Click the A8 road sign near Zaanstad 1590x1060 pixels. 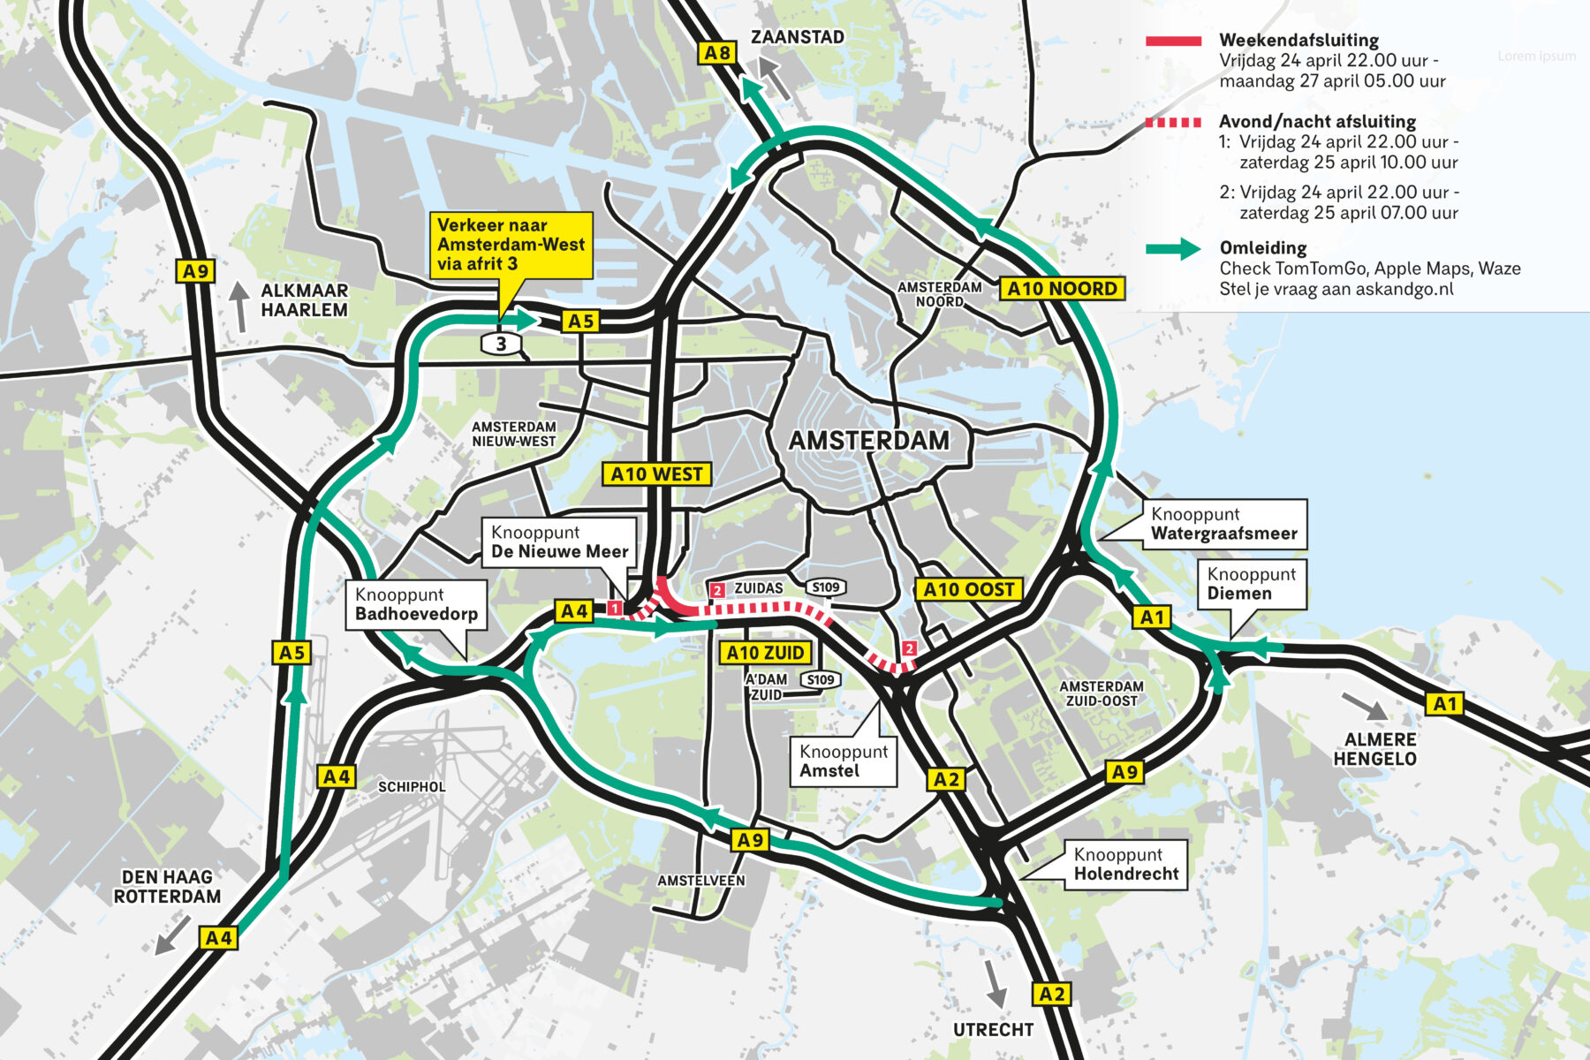tap(717, 53)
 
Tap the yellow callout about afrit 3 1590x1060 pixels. tap(511, 245)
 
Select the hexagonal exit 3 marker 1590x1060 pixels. tap(501, 344)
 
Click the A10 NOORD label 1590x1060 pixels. tap(1062, 289)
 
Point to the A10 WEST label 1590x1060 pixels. tap(656, 474)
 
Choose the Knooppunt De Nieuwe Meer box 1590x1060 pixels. tap(559, 542)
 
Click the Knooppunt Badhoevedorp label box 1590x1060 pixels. tap(416, 605)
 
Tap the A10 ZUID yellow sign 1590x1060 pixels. tap(765, 653)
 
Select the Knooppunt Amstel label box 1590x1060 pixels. tap(843, 761)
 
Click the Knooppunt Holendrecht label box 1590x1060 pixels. tap(1125, 864)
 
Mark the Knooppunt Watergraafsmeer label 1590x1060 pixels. tap(1223, 524)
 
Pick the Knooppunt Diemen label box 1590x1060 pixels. tap(1251, 584)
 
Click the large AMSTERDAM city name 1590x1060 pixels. tap(868, 441)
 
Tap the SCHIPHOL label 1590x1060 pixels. tap(412, 787)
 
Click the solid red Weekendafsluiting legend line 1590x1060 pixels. tap(1173, 41)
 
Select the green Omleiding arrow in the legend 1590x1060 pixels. tap(1173, 249)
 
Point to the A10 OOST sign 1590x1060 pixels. tap(968, 590)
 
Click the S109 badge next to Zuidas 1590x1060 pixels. tap(826, 587)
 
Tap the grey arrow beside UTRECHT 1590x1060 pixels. tap(995, 982)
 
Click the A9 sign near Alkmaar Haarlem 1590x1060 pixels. tap(195, 271)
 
